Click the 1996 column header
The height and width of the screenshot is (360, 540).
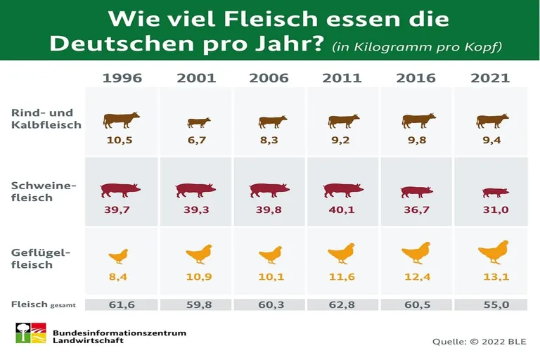122,78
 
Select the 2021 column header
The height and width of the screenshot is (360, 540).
490,78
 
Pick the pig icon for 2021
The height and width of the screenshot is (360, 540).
495,192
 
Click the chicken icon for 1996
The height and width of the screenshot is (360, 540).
119,256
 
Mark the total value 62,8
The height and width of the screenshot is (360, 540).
342,304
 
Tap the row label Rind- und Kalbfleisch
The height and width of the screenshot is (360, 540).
46,119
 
